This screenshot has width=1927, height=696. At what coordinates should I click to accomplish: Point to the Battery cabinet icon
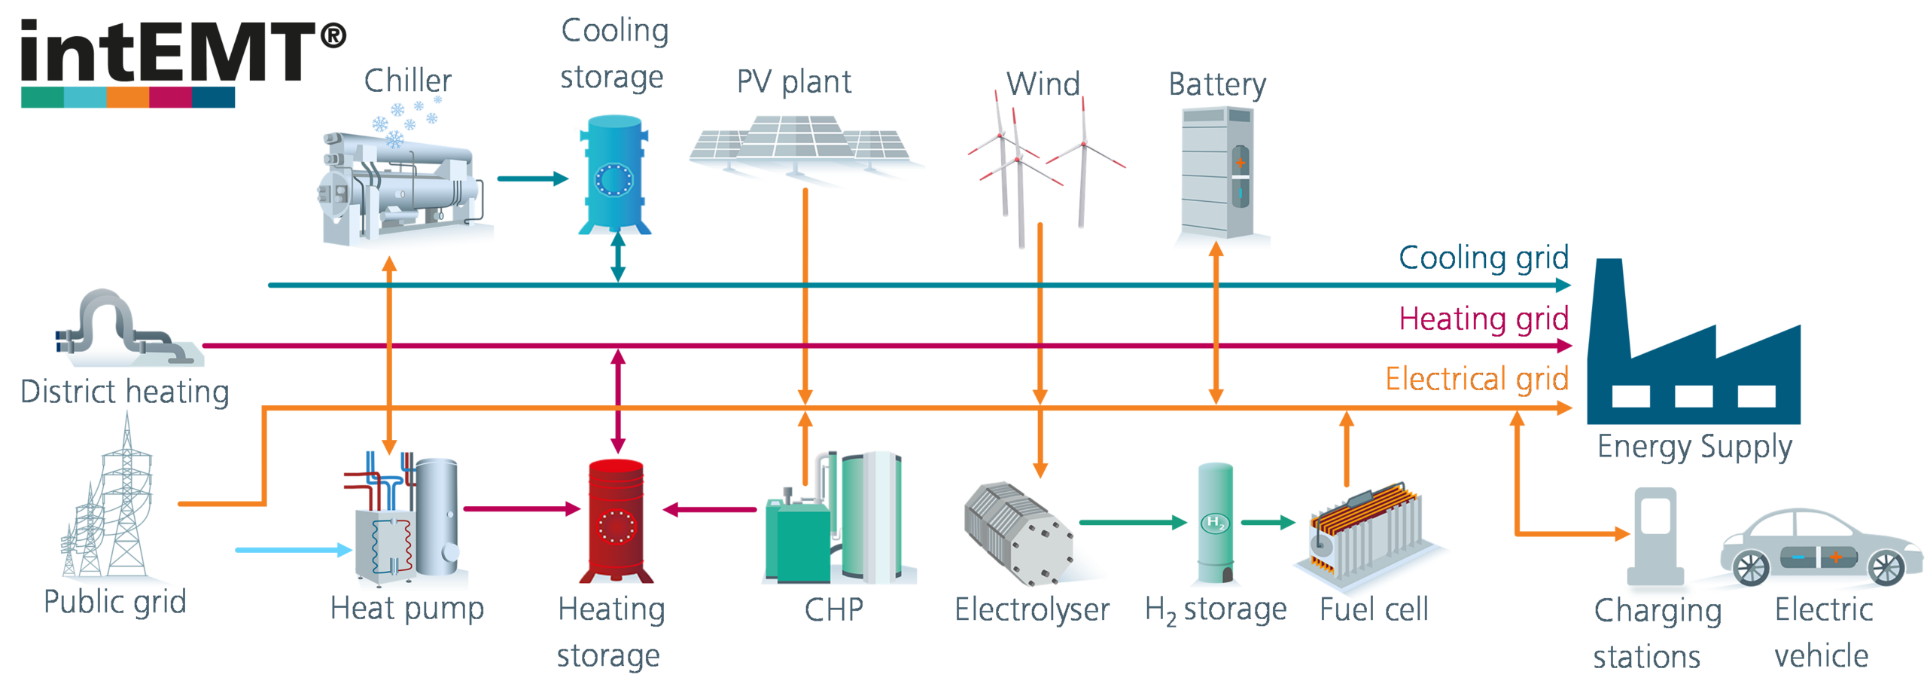(1219, 177)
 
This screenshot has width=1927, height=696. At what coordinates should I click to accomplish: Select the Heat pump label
(407, 609)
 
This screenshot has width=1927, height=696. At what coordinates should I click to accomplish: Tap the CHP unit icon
(836, 520)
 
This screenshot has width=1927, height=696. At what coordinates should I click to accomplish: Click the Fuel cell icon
(1366, 535)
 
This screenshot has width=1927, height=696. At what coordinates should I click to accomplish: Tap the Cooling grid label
(1483, 258)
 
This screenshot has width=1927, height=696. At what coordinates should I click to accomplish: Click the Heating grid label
(1483, 318)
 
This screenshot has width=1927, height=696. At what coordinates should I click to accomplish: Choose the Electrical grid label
(1477, 378)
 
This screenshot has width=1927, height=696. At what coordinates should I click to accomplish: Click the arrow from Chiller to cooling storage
(533, 179)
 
